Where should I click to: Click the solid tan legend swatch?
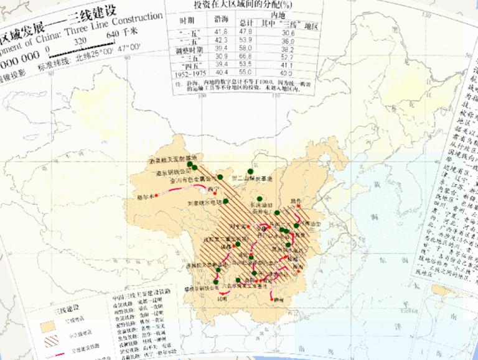[47, 325]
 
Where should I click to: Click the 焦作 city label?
[294, 201]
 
